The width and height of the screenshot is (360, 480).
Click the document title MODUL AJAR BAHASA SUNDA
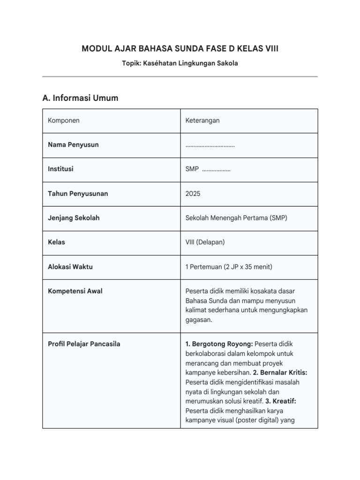coord(180,48)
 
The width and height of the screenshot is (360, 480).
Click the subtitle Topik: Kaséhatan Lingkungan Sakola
coord(180,63)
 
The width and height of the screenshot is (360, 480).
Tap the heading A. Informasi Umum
coord(80,98)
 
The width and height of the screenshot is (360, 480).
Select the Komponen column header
coord(64,120)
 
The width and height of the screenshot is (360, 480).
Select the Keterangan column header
coord(202,120)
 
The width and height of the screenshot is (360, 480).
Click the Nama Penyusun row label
coord(73,145)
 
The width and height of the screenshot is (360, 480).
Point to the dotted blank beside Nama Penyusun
coord(210,145)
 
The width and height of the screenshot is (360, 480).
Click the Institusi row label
coord(60,169)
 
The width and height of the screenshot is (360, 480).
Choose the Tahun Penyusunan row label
coord(78,194)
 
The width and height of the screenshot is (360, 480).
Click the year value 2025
coord(193,194)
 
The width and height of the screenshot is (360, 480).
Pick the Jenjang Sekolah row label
coord(74,218)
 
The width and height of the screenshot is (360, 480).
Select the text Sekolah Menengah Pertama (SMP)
coord(236,218)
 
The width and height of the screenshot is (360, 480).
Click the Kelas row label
coord(56,242)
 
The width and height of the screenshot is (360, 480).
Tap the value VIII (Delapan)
coord(205,242)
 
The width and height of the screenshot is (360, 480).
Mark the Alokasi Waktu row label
coord(70,267)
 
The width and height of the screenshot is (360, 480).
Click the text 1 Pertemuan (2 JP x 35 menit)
coord(229,267)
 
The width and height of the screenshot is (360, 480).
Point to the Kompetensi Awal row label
coord(75,291)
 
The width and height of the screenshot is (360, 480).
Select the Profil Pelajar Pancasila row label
coord(84,344)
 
